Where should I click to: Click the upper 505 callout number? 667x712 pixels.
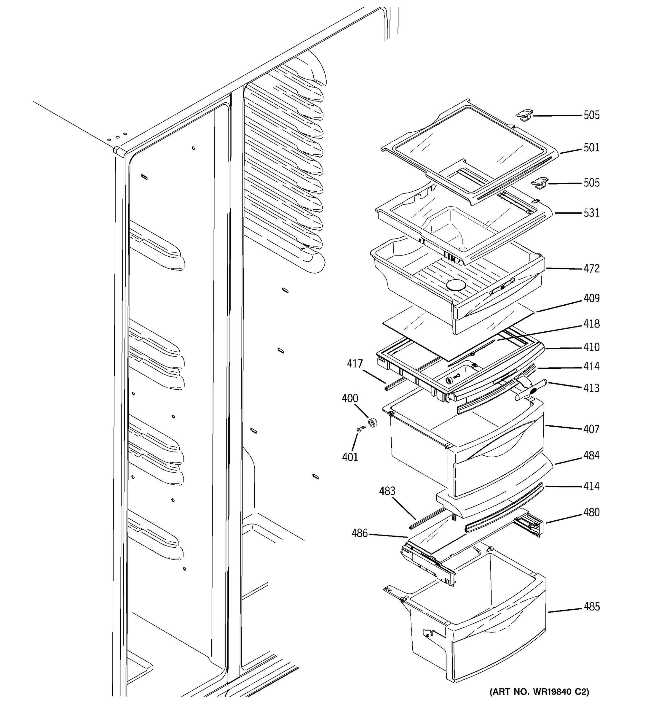[591, 115]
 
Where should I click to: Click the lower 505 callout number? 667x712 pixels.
[591, 183]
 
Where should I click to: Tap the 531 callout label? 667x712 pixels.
[591, 213]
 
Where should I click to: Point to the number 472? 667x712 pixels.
[591, 268]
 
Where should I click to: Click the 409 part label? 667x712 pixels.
[591, 298]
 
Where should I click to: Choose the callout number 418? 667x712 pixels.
[591, 324]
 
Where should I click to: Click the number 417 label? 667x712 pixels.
[355, 364]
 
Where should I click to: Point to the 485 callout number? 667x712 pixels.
[591, 607]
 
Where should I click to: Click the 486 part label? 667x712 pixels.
[359, 533]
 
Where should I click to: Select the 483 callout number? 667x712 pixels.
[387, 491]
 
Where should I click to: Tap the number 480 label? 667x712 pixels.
[591, 513]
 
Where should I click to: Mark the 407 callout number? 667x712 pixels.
[591, 429]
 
